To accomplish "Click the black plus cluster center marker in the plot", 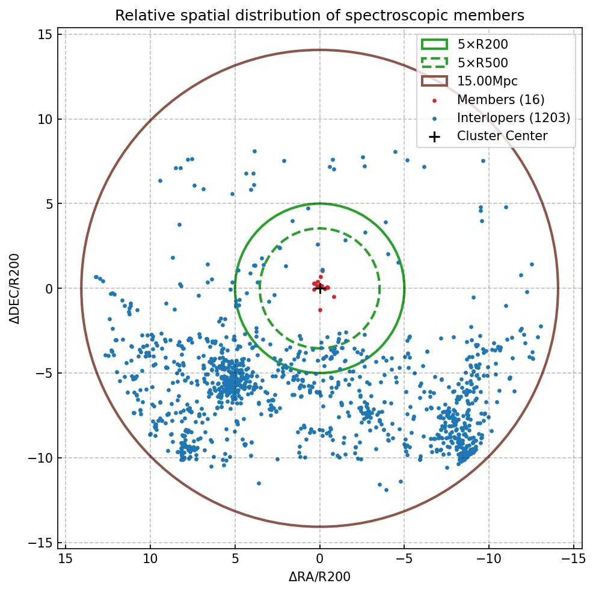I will (320, 288).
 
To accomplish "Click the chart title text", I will (319, 15).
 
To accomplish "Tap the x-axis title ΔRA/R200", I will (319, 577).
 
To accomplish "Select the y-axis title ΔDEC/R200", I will (15, 288).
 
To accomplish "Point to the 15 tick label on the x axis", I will (66, 560).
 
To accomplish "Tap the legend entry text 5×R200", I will (482, 45).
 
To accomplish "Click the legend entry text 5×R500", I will (482, 63).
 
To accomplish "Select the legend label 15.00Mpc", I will (487, 81).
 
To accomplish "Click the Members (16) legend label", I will (500, 100).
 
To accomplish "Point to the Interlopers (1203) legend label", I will (513, 118).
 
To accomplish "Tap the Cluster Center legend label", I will (502, 136).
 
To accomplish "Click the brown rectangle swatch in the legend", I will (434, 81).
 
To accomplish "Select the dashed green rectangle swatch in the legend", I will (434, 63).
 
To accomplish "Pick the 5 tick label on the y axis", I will (49, 204).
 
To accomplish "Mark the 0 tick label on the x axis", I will (320, 560).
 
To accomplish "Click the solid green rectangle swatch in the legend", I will (434, 44).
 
